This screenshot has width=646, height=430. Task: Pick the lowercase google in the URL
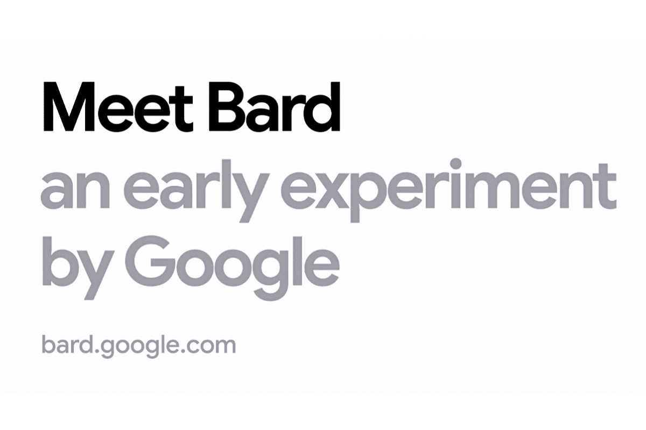tap(134, 347)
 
